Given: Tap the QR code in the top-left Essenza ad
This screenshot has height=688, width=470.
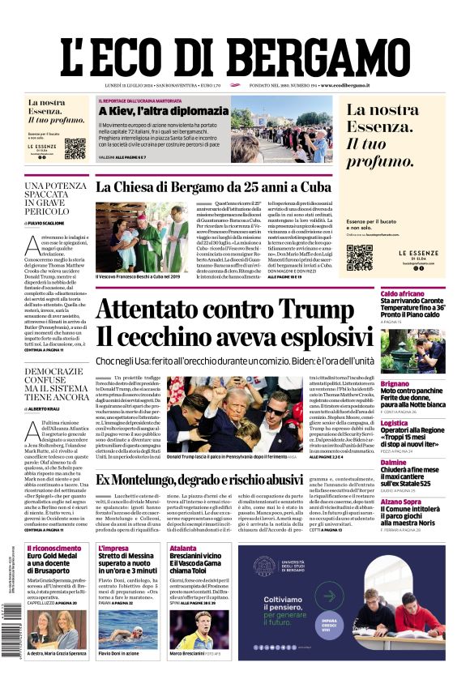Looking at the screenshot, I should pos(75,149).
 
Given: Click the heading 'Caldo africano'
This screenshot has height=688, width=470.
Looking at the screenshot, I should pos(402,293).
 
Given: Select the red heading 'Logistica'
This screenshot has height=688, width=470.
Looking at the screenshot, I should pos(395,422).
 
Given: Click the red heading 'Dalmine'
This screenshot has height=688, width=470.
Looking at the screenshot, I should pos(393,462).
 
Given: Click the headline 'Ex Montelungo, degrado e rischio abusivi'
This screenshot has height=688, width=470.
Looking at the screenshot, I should pos(212,480).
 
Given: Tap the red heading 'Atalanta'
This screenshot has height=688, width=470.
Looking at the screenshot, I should pos(182,549).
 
